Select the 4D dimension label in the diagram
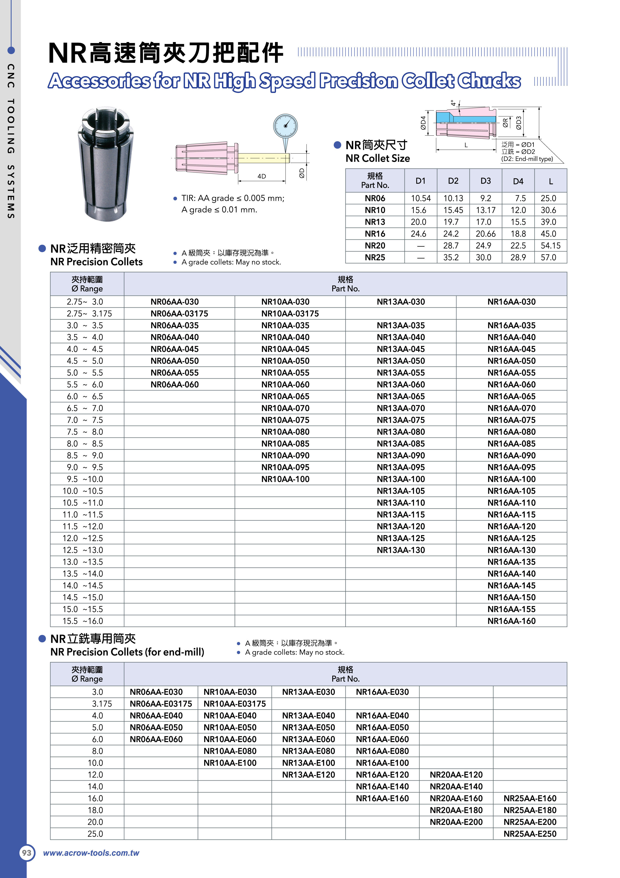coord(262,176)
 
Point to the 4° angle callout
coord(453,103)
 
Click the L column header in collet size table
coord(550,181)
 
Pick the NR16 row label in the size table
coord(375,234)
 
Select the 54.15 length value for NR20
coord(550,246)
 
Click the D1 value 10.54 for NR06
coord(420,198)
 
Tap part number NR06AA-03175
coord(179,314)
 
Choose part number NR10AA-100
coord(285,479)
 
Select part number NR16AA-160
coord(511,621)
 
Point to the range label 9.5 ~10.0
coord(83,479)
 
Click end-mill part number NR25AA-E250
coord(530,834)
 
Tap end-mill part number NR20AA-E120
coord(456,775)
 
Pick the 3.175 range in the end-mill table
coord(102,704)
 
